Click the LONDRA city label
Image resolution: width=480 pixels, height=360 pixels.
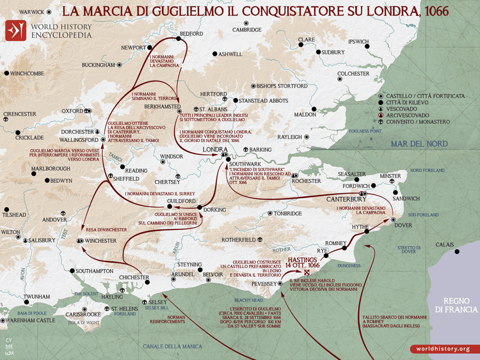click(211, 149)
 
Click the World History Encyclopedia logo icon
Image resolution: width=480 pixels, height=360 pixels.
click(15, 30)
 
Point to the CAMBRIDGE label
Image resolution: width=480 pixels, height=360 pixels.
click(246, 29)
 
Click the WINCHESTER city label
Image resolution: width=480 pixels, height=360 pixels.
click(101, 240)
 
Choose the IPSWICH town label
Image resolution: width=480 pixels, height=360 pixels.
click(358, 42)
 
